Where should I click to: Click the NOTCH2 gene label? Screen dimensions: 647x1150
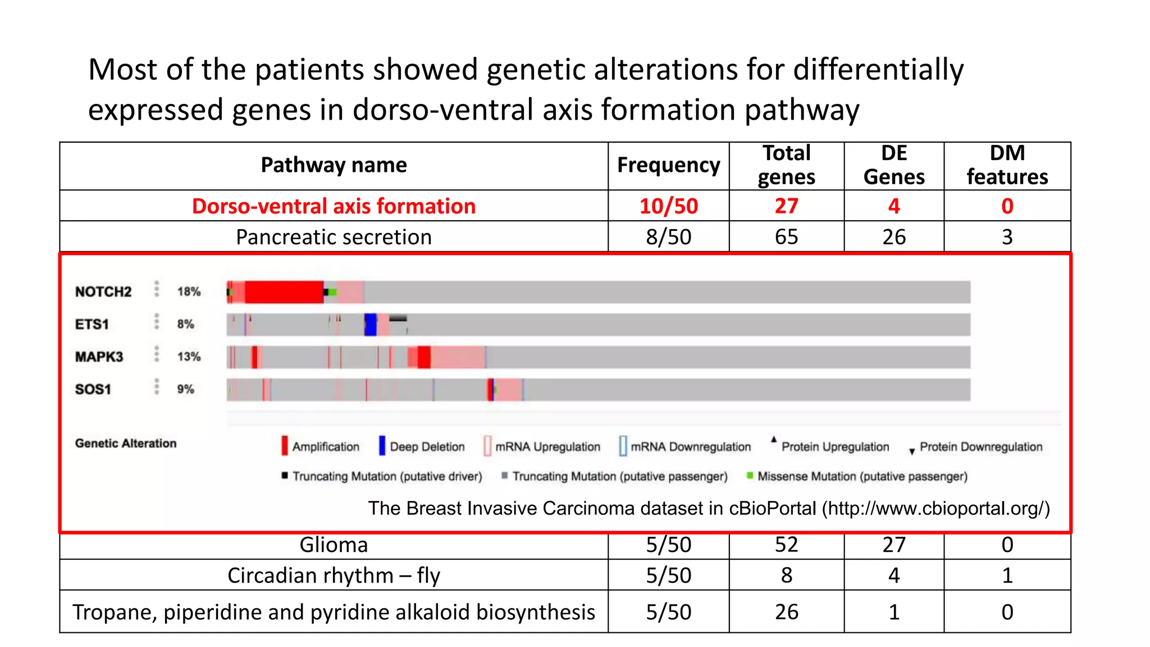pos(103,292)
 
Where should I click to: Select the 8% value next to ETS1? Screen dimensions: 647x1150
pos(185,325)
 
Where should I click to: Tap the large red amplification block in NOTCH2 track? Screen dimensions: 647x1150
pos(284,292)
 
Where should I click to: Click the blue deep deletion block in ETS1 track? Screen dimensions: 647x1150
pos(370,325)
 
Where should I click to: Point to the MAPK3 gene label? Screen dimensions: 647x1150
pos(99,357)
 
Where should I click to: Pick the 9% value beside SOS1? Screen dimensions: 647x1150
pos(185,389)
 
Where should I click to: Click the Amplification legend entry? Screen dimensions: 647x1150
pos(321,446)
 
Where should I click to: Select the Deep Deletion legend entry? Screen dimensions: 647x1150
pos(422,446)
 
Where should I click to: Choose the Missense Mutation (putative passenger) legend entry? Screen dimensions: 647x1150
pos(857,476)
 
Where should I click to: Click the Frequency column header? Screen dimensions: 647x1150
pos(668,165)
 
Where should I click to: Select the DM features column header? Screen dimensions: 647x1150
pos(1007,165)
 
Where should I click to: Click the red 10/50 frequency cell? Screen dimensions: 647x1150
pos(668,206)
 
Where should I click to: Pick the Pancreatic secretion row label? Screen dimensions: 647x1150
pos(334,237)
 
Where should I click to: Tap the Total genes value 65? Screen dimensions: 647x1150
pos(786,237)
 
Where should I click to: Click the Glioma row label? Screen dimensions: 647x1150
pos(334,545)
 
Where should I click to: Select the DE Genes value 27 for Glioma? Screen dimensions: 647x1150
pos(893,545)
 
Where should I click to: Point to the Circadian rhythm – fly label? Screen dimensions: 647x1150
pos(334,576)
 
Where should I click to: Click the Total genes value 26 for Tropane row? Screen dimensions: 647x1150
pos(786,612)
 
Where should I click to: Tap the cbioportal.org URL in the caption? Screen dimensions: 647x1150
pos(935,508)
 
